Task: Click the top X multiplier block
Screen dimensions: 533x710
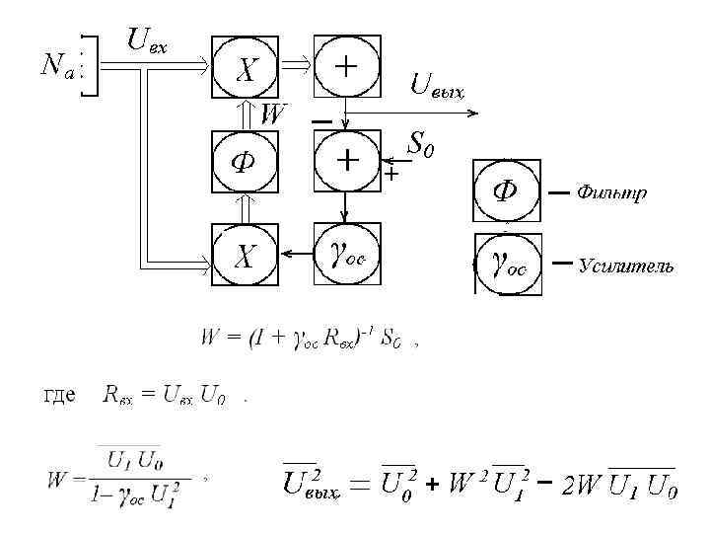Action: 247,68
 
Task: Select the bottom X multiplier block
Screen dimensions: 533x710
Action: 247,257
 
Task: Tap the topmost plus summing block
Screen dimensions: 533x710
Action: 346,67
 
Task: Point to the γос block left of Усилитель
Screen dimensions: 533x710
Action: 508,265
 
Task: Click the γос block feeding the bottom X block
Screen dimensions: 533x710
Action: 346,256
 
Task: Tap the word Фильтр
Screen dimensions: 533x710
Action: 611,192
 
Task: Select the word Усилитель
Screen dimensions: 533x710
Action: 626,266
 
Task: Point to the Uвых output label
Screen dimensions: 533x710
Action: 436,87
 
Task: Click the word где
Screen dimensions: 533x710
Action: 60,396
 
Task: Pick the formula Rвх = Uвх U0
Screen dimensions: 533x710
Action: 164,396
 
